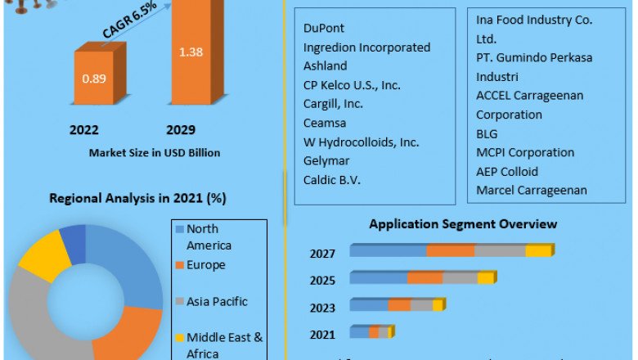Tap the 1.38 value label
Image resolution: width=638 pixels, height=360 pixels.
coord(190,52)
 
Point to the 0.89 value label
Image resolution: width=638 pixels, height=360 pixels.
coord(93,79)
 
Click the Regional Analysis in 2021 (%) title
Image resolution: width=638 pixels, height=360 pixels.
coord(138,198)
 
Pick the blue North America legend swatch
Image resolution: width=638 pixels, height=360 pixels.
coord(179,230)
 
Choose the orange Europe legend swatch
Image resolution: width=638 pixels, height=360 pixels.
coord(179,266)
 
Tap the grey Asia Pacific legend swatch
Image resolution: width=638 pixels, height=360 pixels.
coord(179,302)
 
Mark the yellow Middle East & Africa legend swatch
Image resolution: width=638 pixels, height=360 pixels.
coord(179,338)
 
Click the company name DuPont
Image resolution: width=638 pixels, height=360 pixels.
coord(324,29)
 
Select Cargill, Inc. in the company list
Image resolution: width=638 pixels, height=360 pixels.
coord(334,104)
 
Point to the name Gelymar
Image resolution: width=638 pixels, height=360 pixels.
coord(327,160)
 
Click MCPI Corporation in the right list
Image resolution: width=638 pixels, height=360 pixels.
coord(525,153)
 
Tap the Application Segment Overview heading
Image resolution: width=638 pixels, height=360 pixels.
coord(463,224)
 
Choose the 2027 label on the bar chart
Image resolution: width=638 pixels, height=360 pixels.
coord(322,254)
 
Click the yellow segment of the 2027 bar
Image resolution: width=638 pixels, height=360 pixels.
coord(538,250)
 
